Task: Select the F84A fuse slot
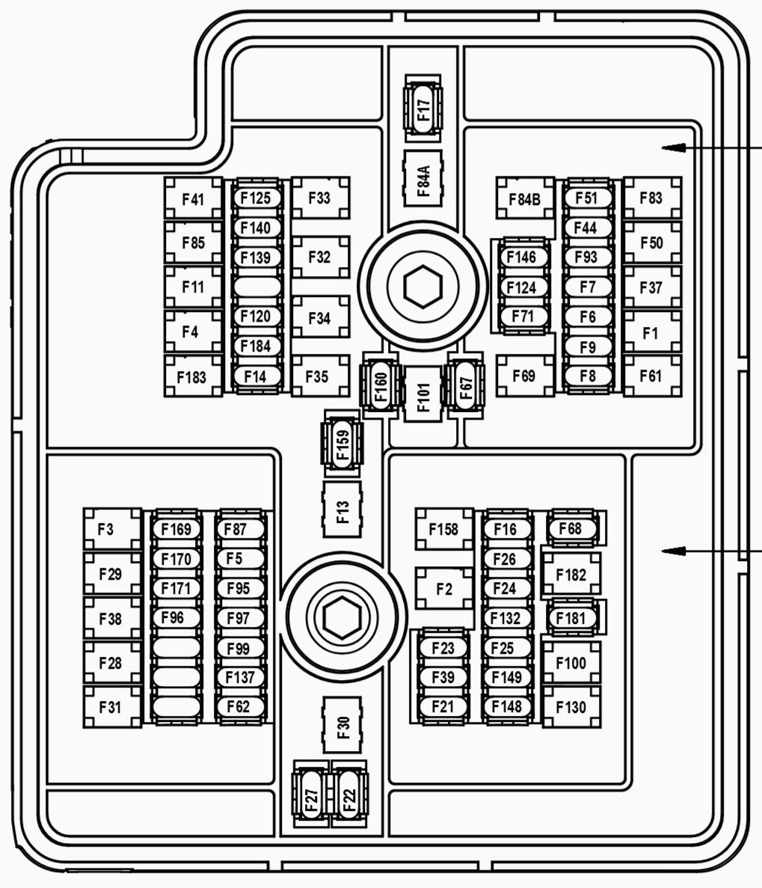click(x=423, y=178)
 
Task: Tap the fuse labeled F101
click(x=423, y=394)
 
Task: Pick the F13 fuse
click(x=342, y=509)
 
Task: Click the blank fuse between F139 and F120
click(x=256, y=287)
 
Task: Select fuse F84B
click(x=525, y=198)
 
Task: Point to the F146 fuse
click(x=522, y=257)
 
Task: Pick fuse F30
click(x=342, y=724)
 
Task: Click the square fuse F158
click(x=444, y=529)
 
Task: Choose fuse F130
click(x=571, y=707)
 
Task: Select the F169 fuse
click(x=176, y=530)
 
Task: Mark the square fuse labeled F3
click(x=111, y=529)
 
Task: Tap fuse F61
click(x=651, y=376)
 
